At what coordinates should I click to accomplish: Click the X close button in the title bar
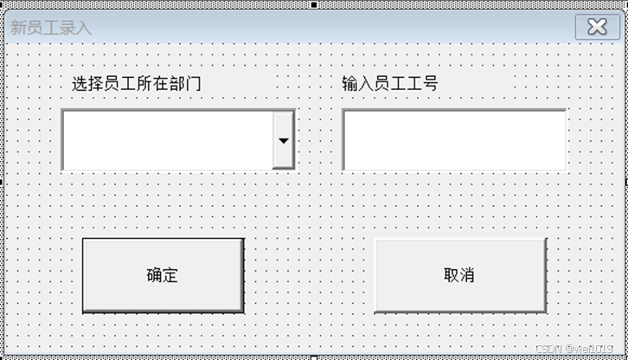coord(597,26)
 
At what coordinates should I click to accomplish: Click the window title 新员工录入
coord(50,28)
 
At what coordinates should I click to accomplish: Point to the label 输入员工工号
coord(389,84)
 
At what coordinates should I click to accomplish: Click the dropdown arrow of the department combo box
coord(283,139)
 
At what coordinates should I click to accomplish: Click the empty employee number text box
coord(454,139)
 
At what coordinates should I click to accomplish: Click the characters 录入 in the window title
coord(74,28)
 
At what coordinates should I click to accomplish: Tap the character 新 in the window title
coord(18,28)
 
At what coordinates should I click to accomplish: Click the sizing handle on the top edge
coord(314,3)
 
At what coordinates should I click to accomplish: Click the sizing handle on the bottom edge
coord(314,357)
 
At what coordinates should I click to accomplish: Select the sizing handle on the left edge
coord(2,181)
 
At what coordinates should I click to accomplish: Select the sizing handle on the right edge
coord(625,181)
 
